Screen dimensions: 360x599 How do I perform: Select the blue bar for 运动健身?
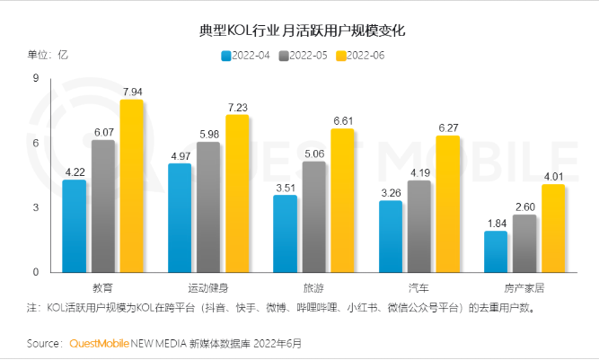(x=180, y=218)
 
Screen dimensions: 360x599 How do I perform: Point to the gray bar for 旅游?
(x=313, y=216)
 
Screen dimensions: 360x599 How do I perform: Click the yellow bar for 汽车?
(x=447, y=204)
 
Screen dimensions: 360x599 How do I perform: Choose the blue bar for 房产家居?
(x=496, y=251)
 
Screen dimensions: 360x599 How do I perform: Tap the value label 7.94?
(x=132, y=92)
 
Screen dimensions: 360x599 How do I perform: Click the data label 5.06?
(x=313, y=154)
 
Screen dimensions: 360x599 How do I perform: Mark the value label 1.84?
(x=496, y=223)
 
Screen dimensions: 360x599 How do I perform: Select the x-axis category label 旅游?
(x=313, y=288)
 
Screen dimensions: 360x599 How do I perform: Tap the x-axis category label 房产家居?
(x=524, y=288)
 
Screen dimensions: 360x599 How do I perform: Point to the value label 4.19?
(x=418, y=172)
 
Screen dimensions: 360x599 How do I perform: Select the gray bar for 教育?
(x=103, y=206)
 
